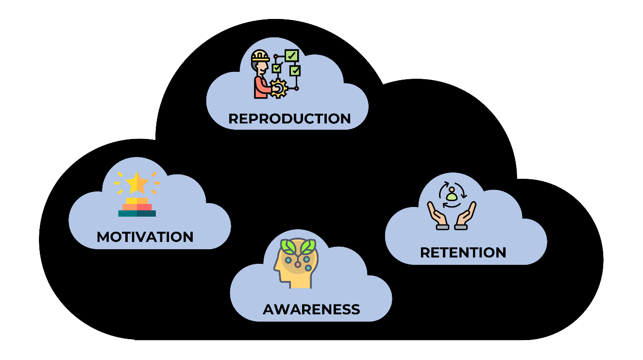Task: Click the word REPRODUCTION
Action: [x=289, y=119]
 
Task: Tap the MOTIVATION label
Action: [x=145, y=237]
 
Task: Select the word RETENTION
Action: [x=463, y=253]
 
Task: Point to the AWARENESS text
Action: [x=311, y=309]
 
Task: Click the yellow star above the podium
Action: [x=137, y=183]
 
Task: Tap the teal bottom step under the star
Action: [x=137, y=213]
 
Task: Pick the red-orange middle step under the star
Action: [x=137, y=207]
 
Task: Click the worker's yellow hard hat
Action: [x=260, y=56]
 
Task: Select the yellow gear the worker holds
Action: [x=279, y=89]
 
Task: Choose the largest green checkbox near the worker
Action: [x=291, y=56]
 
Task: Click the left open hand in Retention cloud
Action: [x=436, y=214]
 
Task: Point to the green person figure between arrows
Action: [x=452, y=195]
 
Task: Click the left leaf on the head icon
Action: [x=290, y=247]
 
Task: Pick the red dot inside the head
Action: [x=298, y=265]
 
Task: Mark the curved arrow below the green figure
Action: [x=452, y=206]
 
